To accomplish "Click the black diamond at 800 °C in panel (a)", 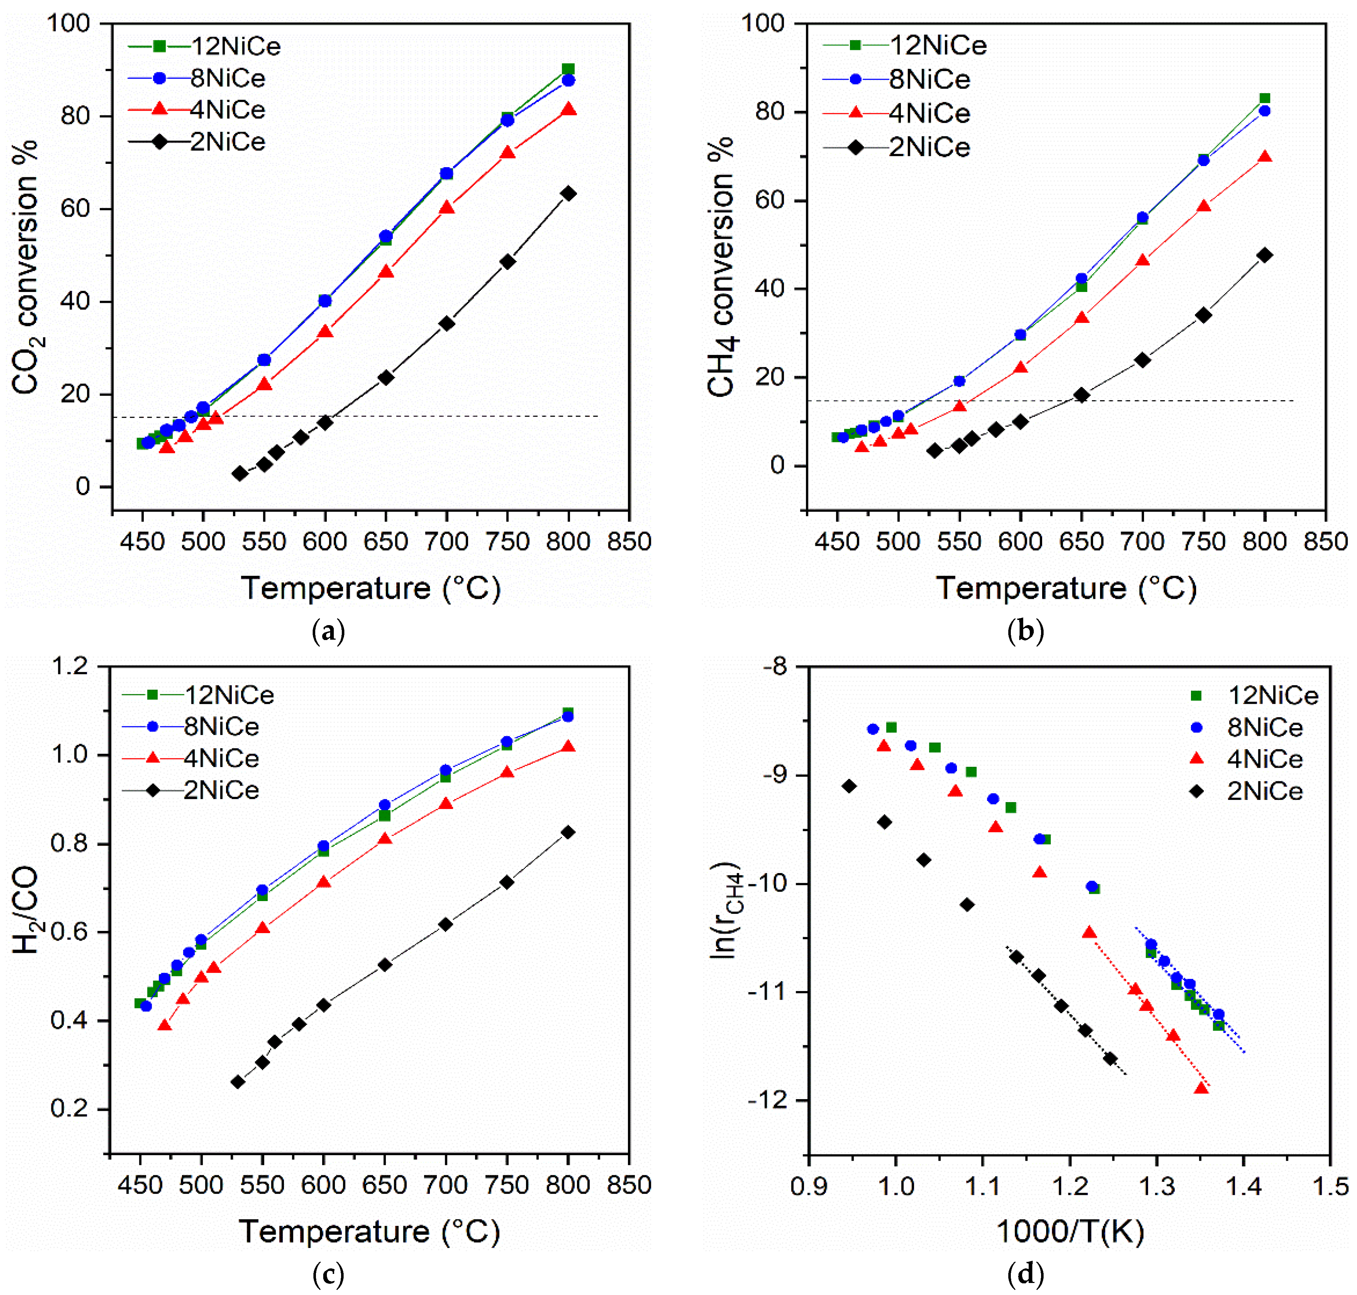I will (568, 193).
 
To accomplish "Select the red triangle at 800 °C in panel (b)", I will (1265, 157).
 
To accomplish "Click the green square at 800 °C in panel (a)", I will (568, 69).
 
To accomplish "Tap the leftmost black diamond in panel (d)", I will (849, 786).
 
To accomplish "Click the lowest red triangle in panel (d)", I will (1201, 1088).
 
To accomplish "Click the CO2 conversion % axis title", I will (26, 266).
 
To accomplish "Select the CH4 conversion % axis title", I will (721, 266).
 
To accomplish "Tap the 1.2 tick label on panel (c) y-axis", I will (70, 666).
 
